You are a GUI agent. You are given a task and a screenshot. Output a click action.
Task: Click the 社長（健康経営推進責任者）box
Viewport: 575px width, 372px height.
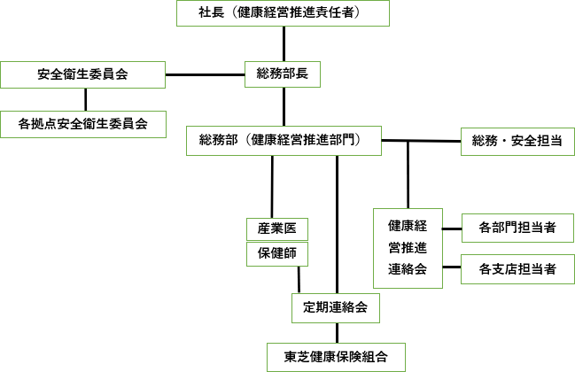click(x=284, y=13)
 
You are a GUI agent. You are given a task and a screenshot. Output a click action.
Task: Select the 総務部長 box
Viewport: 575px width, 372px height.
click(x=284, y=74)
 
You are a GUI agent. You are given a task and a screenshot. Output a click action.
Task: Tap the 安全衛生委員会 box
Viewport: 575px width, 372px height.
click(x=83, y=74)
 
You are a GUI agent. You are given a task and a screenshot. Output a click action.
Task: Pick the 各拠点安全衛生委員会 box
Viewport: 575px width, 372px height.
click(x=83, y=124)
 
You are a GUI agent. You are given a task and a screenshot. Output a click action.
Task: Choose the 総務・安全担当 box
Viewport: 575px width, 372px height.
click(x=511, y=141)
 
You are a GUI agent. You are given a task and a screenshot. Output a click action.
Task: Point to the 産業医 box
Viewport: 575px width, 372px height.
click(x=276, y=229)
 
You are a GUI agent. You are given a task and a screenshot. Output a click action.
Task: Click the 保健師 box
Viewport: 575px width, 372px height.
click(x=276, y=254)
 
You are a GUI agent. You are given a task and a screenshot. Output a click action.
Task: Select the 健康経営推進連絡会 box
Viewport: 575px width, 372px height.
click(x=407, y=246)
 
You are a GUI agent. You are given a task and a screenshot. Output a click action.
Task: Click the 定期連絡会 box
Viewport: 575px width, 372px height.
click(x=336, y=308)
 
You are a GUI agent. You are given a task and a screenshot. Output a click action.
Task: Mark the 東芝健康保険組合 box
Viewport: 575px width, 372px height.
click(x=337, y=357)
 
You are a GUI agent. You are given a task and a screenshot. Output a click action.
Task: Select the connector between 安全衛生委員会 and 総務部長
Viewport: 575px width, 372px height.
click(x=205, y=74)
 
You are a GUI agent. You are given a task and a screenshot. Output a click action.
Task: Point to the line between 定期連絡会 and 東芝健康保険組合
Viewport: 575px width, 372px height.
click(x=337, y=333)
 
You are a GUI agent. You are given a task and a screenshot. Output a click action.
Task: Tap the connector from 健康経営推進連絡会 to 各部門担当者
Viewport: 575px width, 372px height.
click(x=451, y=229)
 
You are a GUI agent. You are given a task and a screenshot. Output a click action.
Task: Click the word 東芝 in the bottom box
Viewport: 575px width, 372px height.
click(x=297, y=357)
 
